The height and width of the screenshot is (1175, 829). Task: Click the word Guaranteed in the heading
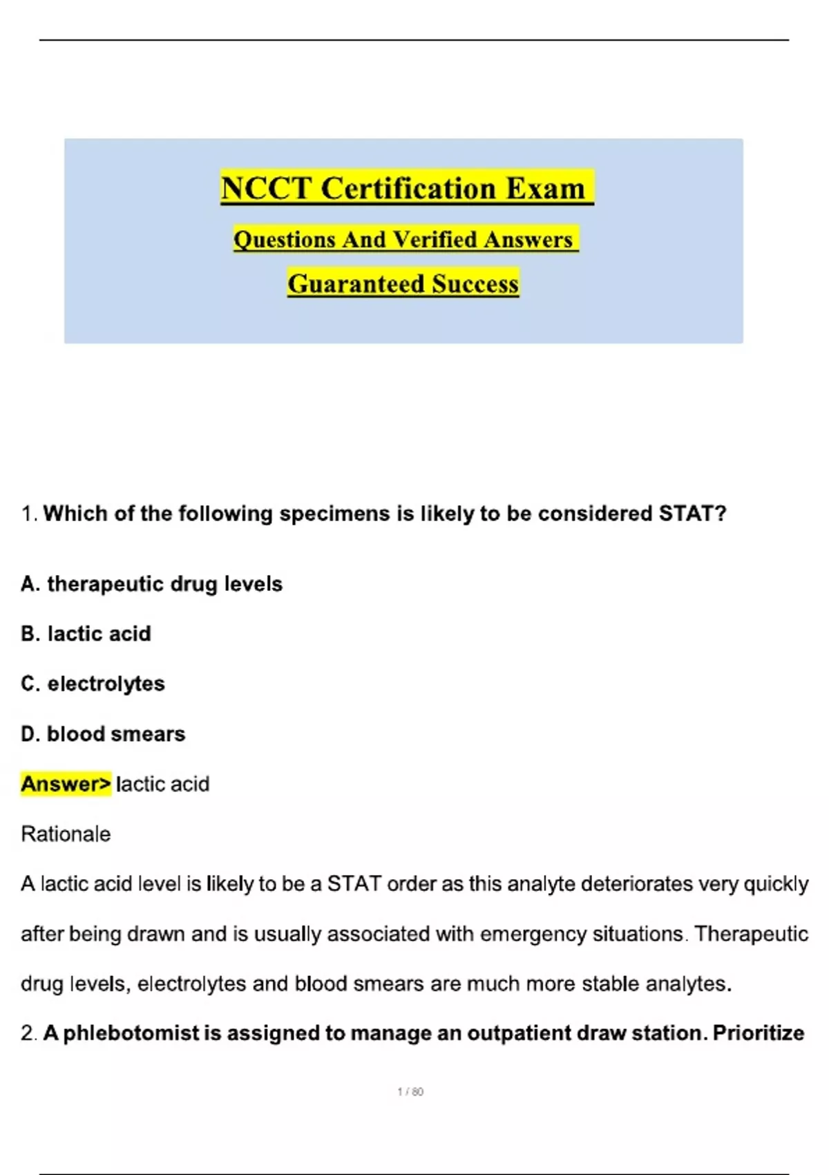[356, 283]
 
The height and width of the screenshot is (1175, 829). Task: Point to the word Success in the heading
[475, 283]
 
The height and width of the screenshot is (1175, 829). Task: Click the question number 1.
[28, 514]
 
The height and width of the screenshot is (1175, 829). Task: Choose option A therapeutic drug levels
[152, 584]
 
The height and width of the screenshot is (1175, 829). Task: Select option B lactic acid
[86, 634]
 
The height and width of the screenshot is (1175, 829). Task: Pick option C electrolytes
[93, 684]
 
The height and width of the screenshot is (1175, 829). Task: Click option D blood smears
[104, 733]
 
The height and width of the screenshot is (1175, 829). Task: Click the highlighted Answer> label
[66, 784]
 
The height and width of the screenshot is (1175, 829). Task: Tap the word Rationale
[66, 834]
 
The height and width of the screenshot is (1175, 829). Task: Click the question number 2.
[28, 1033]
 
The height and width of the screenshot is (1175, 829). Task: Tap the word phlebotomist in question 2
[142, 1033]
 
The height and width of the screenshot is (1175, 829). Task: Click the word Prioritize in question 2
[759, 1033]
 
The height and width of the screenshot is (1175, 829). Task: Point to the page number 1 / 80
[410, 1092]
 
